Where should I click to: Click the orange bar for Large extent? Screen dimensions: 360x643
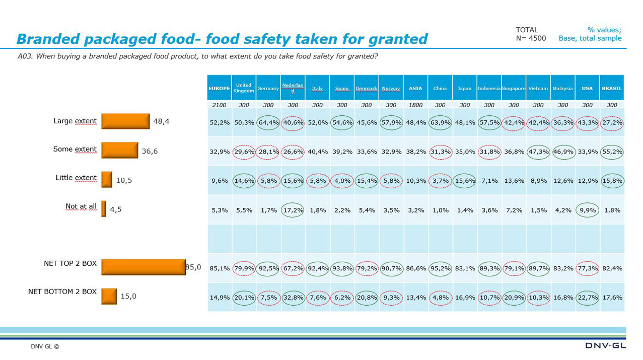(x=125, y=121)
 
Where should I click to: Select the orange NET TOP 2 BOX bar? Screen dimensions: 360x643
(x=144, y=267)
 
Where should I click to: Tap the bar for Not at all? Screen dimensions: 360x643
(x=104, y=209)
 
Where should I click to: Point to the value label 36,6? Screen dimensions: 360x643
(x=150, y=151)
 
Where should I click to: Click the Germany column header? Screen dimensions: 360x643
(x=268, y=88)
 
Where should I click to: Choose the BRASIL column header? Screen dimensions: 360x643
(x=612, y=88)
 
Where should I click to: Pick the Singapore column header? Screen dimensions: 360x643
(x=514, y=88)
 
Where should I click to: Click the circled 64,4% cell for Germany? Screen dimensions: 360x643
(x=268, y=122)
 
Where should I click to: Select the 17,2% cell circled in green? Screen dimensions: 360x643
(x=293, y=210)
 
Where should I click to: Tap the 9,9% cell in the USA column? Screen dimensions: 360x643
(x=587, y=210)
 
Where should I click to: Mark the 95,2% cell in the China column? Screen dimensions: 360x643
(x=440, y=268)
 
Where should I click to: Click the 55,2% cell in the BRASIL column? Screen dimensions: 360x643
(x=612, y=152)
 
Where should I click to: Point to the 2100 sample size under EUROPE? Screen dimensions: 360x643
(x=219, y=105)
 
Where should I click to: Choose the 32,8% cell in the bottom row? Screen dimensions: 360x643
(x=293, y=298)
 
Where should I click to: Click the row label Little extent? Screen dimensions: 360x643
(x=76, y=178)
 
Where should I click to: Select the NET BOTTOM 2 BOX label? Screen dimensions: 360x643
(x=62, y=292)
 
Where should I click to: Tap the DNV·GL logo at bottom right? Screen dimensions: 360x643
(x=606, y=345)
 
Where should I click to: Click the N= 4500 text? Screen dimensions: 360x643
(x=531, y=38)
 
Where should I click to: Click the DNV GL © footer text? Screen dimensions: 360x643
(x=45, y=346)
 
